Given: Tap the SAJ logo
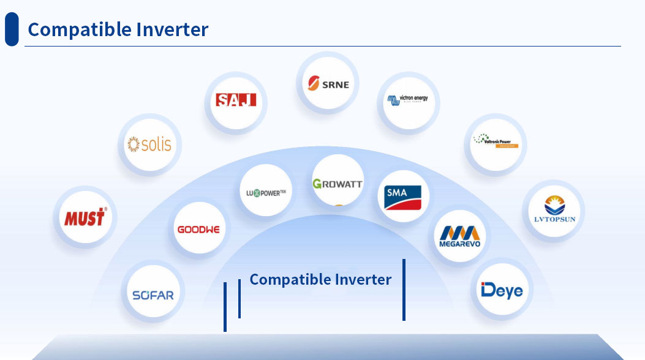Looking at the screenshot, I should tap(236, 100).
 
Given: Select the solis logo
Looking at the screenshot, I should tap(149, 144).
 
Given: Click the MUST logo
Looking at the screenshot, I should tap(85, 217).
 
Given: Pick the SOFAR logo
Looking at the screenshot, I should tap(153, 295).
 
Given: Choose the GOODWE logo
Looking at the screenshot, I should tap(198, 230).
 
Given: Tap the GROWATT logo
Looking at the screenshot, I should tap(338, 183).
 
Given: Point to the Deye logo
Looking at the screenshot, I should tap(502, 289).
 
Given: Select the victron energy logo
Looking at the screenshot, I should tap(408, 100).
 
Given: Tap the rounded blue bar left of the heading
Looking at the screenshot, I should tap(12, 29).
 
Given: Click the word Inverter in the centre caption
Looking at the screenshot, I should tap(359, 280).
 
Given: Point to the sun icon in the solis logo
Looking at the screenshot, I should tap(133, 144).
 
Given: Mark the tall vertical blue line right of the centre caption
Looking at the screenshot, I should tap(404, 290).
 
